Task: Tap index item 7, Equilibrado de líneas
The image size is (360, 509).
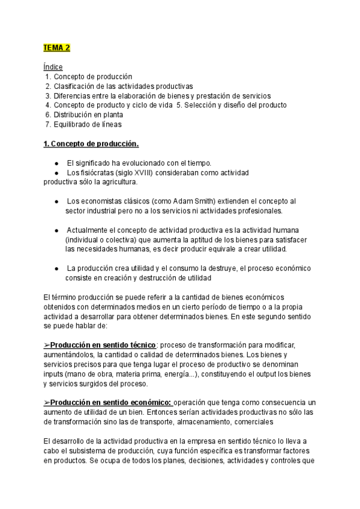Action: coord(88,124)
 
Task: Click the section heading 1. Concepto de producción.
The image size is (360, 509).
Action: coord(91,144)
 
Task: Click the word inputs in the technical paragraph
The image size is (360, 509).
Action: coord(54,374)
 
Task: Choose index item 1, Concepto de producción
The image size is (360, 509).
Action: coord(92,76)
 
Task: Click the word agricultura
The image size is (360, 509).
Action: coord(119,182)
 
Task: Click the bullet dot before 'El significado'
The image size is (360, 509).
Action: coord(56,163)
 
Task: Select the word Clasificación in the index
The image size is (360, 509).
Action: coord(74,86)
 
